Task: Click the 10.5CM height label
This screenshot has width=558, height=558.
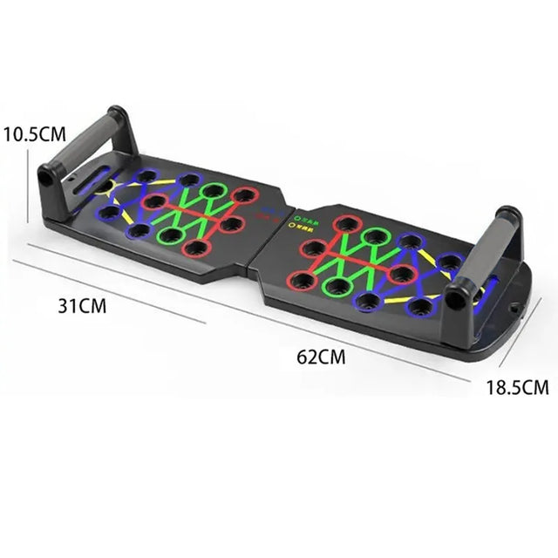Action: click(x=34, y=134)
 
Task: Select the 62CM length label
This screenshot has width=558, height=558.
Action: click(x=321, y=356)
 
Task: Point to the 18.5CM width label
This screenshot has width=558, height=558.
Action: click(x=517, y=386)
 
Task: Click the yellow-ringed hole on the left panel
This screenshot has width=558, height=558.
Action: click(x=105, y=186)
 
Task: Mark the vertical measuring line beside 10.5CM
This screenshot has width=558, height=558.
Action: click(x=29, y=183)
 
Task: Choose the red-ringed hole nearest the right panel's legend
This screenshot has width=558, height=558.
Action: click(x=346, y=224)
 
